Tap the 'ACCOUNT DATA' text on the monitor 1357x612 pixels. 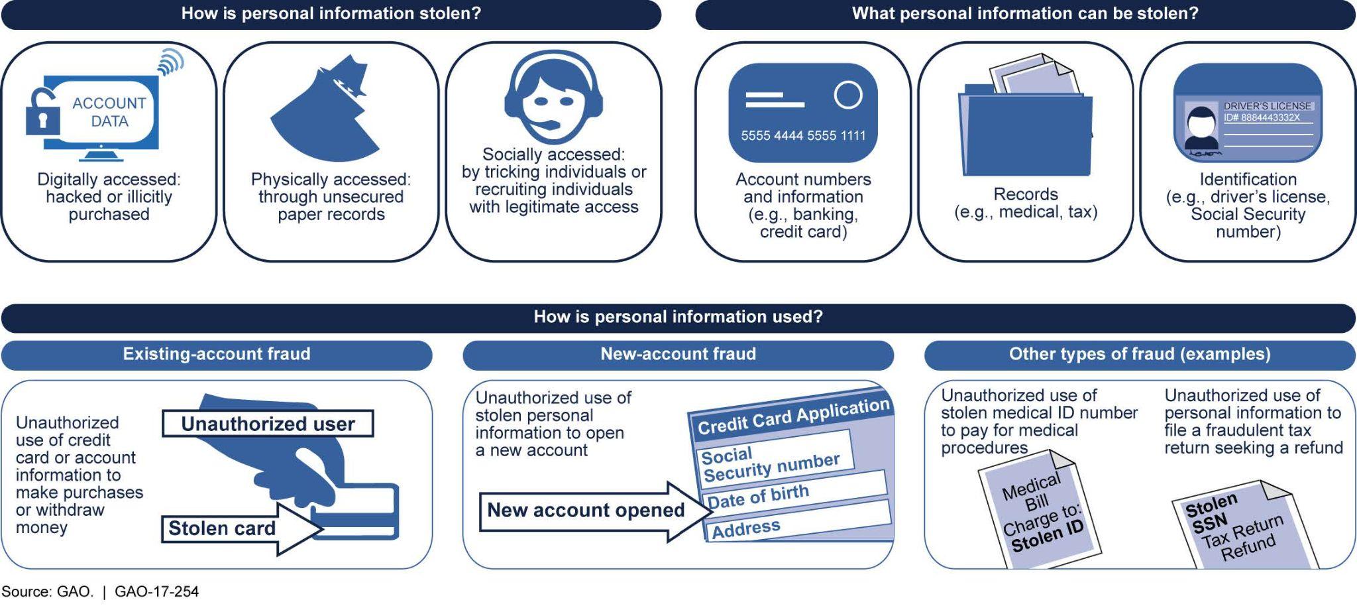coord(109,112)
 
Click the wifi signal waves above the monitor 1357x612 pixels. coord(170,63)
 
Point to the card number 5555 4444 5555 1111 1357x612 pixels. coord(803,136)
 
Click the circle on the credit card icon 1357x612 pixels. coord(847,95)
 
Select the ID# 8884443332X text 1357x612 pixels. coord(1262,118)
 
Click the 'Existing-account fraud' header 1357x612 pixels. coord(217,354)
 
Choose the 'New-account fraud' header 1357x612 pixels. coord(678,354)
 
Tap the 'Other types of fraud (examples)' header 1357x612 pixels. coord(1140,354)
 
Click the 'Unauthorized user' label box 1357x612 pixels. coord(268,424)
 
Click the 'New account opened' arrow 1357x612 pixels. coord(586,510)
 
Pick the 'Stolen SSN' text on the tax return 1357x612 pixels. coord(1210,515)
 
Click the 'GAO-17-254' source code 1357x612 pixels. coord(156,591)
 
